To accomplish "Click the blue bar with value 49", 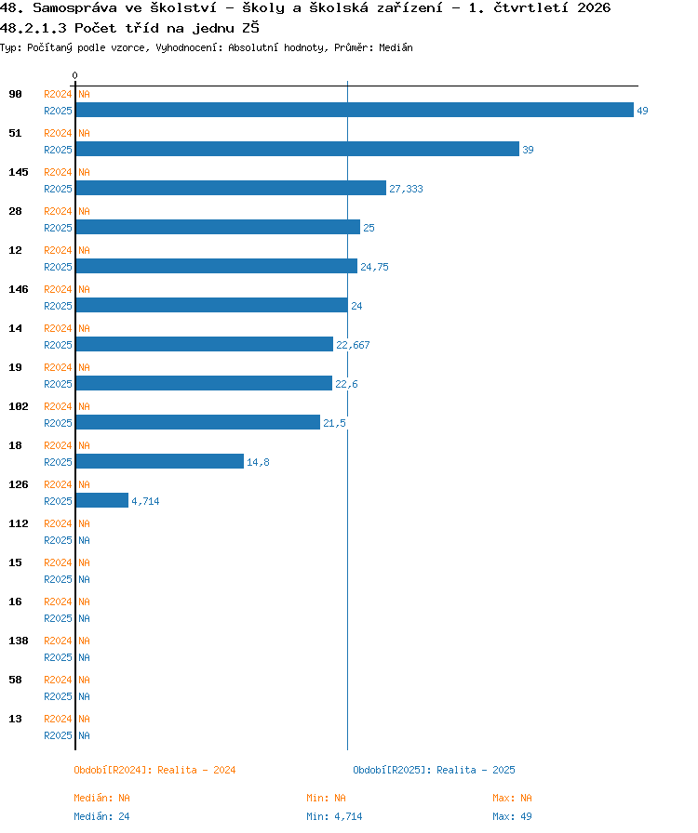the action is [355, 110].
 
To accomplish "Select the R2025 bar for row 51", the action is [298, 149].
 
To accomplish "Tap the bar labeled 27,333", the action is [231, 188].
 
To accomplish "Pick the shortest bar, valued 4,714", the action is [102, 500].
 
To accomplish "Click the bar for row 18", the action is [159, 461].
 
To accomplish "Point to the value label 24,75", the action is [374, 267].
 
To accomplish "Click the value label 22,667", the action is [353, 345].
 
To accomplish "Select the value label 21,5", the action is [334, 423].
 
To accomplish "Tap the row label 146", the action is [19, 289].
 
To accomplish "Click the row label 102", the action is [19, 406].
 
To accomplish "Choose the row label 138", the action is [19, 641].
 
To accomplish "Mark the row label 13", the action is [16, 719].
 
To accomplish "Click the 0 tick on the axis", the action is [75, 75].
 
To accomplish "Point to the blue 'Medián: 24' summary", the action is [101, 816].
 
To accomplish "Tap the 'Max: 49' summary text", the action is [512, 816].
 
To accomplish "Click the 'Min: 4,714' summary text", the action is [334, 816].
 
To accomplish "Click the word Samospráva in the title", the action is [75, 8].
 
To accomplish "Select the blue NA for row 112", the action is [84, 540].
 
